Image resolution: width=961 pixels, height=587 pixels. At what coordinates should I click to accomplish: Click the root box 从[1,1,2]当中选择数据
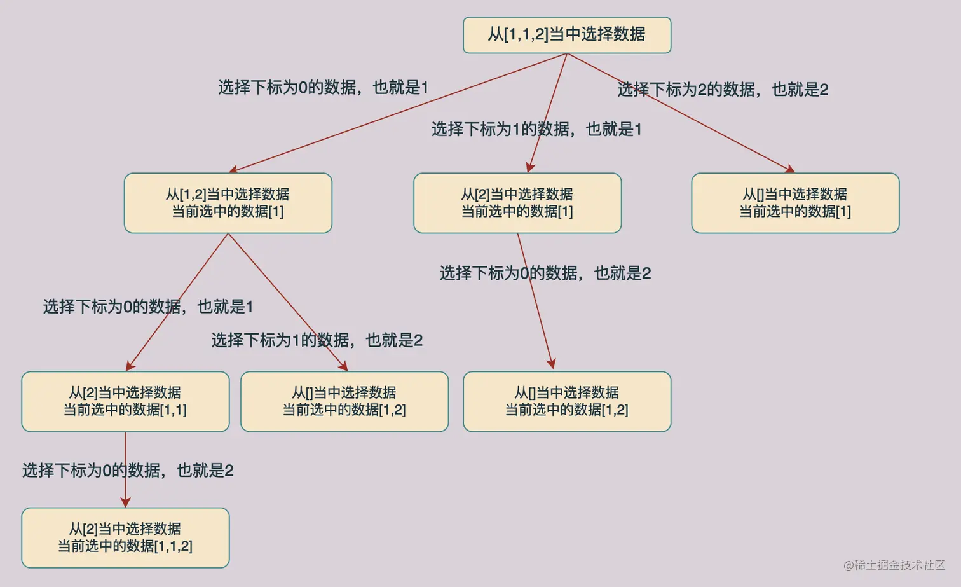tap(567, 35)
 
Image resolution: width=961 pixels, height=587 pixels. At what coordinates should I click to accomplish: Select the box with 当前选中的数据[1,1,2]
tap(125, 537)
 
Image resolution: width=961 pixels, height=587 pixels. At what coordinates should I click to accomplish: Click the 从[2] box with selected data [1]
tap(517, 203)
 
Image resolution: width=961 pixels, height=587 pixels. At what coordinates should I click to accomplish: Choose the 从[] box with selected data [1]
tap(795, 203)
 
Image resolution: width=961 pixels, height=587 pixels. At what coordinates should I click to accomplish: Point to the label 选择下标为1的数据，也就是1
tap(536, 129)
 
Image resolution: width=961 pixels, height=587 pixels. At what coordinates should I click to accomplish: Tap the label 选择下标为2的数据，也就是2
tap(723, 90)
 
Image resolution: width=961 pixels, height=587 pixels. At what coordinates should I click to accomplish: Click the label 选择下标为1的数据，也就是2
tap(317, 340)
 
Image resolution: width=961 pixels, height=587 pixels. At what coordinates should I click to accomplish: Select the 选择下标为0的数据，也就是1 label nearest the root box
tap(323, 87)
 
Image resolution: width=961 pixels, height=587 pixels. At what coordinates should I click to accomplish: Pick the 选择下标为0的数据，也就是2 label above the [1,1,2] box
tap(128, 471)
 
